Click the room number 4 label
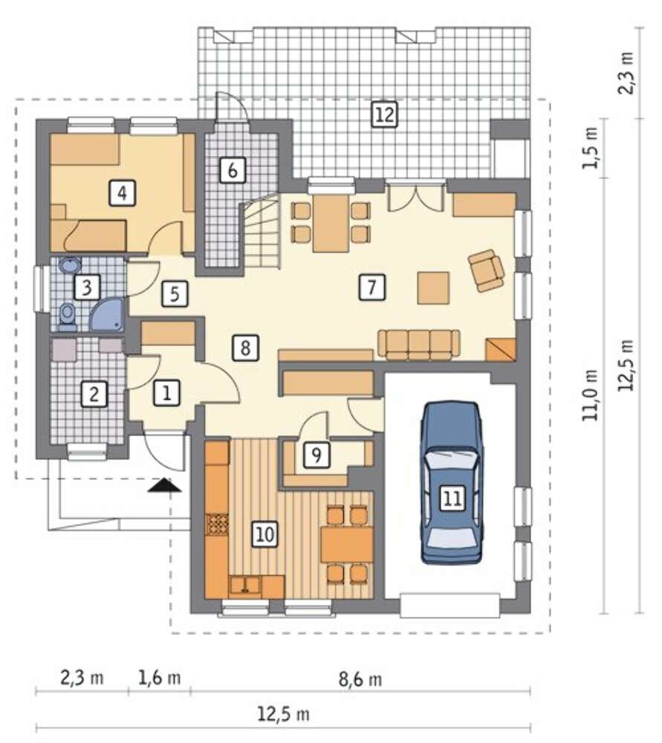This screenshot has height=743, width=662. [x=123, y=193]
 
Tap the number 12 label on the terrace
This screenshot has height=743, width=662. [x=384, y=114]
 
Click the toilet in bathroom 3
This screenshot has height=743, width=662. [x=68, y=315]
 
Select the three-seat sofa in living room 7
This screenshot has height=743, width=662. [x=419, y=343]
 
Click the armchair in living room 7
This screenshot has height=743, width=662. [x=486, y=270]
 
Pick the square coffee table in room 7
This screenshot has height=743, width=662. [x=433, y=288]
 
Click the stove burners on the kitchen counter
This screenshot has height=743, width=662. [x=217, y=525]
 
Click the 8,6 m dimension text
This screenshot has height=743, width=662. [x=360, y=680]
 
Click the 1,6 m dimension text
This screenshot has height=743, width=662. [x=159, y=678]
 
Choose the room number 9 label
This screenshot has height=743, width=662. [x=317, y=455]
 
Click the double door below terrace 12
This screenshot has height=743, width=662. [x=415, y=197]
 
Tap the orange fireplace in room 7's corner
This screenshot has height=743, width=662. [x=501, y=350]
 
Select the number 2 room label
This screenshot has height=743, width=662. [x=94, y=394]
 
